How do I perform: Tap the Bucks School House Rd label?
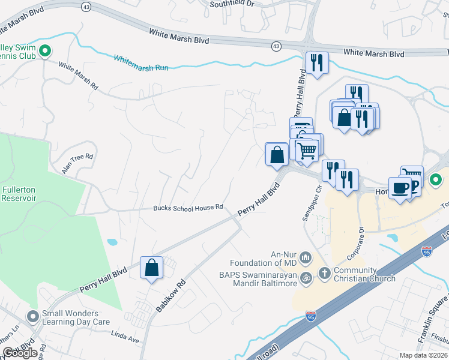(x=188, y=207)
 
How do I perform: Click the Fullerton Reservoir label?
(x=18, y=193)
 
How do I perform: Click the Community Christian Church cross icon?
(x=325, y=274)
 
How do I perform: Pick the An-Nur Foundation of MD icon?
(x=306, y=258)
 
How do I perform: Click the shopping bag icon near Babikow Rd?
(x=152, y=268)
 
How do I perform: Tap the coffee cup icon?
(x=400, y=188)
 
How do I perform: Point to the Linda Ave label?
(x=125, y=340)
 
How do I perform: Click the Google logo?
(x=20, y=353)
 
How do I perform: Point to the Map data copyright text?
(x=424, y=355)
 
